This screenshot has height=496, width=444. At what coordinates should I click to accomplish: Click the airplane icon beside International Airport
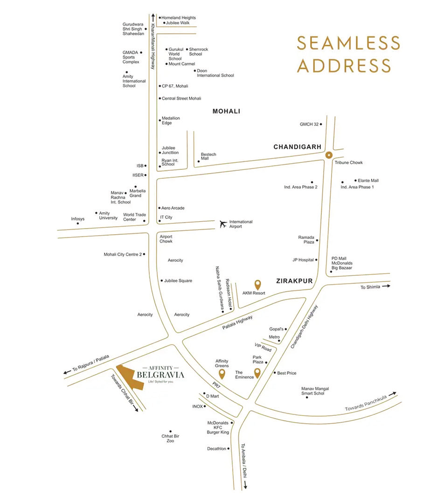tap(222, 224)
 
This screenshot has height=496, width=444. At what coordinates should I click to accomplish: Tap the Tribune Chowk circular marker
tap(329, 155)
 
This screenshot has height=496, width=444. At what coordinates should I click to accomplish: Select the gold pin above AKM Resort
tap(257, 284)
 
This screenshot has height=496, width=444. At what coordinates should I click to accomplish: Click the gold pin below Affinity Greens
tap(222, 374)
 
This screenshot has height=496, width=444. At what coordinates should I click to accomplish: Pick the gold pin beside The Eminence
tap(257, 373)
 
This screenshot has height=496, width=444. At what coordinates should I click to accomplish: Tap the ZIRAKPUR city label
tap(294, 281)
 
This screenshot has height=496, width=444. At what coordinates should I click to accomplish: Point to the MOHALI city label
tap(226, 111)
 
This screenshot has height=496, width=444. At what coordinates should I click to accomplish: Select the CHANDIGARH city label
tap(297, 147)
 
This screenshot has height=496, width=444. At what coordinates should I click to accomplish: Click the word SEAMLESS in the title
tap(348, 43)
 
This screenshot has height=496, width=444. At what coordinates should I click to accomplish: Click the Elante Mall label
tap(368, 180)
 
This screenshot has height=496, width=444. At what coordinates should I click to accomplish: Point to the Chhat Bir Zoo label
tap(170, 439)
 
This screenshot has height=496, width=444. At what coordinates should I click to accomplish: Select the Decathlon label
tap(216, 449)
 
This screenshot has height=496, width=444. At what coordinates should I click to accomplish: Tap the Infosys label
tap(78, 219)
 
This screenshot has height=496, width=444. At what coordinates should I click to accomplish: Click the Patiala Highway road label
tap(237, 322)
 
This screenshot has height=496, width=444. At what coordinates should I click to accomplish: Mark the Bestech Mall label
tap(208, 157)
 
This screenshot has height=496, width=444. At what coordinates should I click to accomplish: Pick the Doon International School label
tap(215, 73)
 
